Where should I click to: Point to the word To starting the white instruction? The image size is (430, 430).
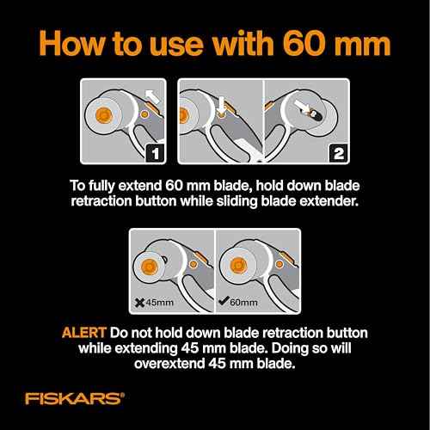(x=77, y=186)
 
